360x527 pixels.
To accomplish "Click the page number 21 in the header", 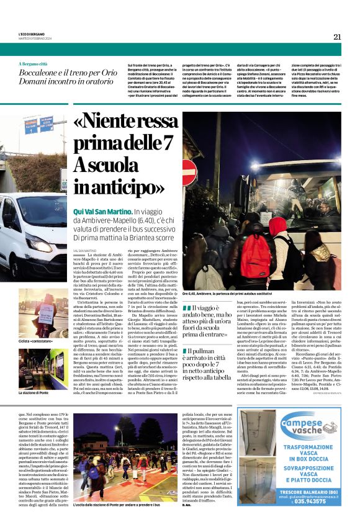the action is (337, 37).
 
